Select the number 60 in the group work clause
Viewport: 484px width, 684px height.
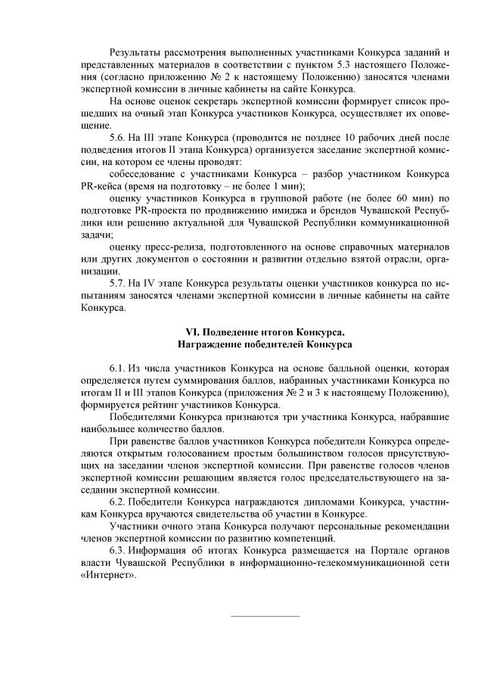pos(408,198)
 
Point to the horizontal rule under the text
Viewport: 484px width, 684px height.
pos(264,615)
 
